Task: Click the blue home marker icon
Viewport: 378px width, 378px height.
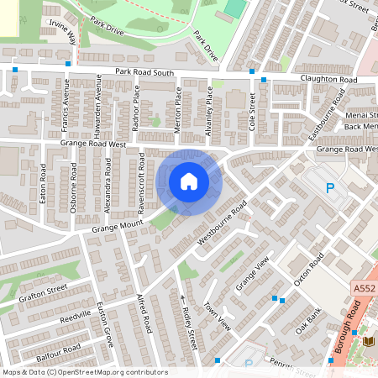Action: tap(188, 181)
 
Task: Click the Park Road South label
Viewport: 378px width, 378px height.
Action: tap(144, 73)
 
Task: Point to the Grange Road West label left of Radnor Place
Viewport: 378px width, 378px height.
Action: tap(92, 144)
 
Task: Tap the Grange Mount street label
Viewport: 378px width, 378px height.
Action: tap(118, 224)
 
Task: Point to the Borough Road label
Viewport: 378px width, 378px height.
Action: tap(351, 328)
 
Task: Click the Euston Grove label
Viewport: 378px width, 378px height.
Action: tap(105, 320)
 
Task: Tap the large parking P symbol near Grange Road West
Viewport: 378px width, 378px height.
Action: tap(330, 188)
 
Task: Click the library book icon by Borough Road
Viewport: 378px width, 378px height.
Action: tap(367, 341)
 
